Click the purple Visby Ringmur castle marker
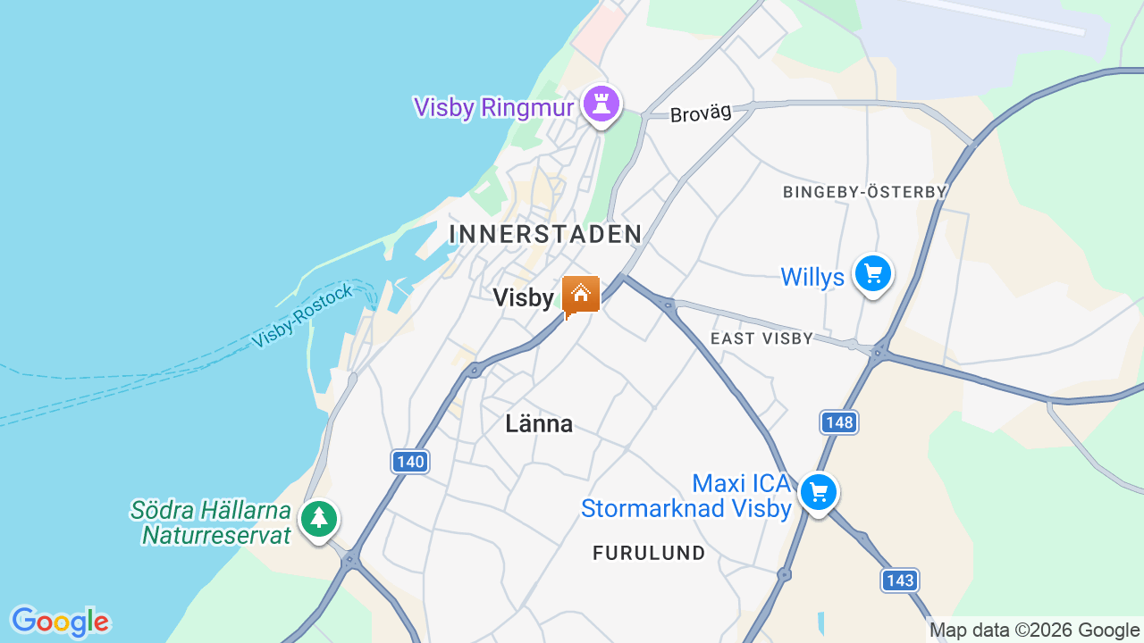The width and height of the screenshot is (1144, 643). [601, 104]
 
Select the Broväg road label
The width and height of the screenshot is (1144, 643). [701, 113]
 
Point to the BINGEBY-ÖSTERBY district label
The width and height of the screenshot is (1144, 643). [864, 192]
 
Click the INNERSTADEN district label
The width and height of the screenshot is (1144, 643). [545, 234]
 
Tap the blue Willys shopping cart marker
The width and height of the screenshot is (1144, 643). [872, 273]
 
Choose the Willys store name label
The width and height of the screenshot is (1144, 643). [812, 277]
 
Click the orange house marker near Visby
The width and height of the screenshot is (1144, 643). [581, 294]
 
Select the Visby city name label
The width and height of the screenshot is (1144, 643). [524, 297]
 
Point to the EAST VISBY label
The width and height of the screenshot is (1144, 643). [761, 338]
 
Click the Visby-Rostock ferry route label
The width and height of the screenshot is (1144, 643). [302, 317]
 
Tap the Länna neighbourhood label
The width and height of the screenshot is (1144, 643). [539, 423]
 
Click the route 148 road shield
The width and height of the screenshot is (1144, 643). [838, 422]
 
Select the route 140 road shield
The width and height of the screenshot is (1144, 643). [410, 462]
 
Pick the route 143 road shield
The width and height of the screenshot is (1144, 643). [899, 580]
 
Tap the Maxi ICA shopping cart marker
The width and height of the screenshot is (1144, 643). [818, 492]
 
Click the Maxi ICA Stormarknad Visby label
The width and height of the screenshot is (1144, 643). [686, 497]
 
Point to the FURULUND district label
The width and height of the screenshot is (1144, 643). [649, 553]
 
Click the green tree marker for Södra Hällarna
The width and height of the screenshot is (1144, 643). [318, 519]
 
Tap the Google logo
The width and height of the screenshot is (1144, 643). [60, 622]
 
